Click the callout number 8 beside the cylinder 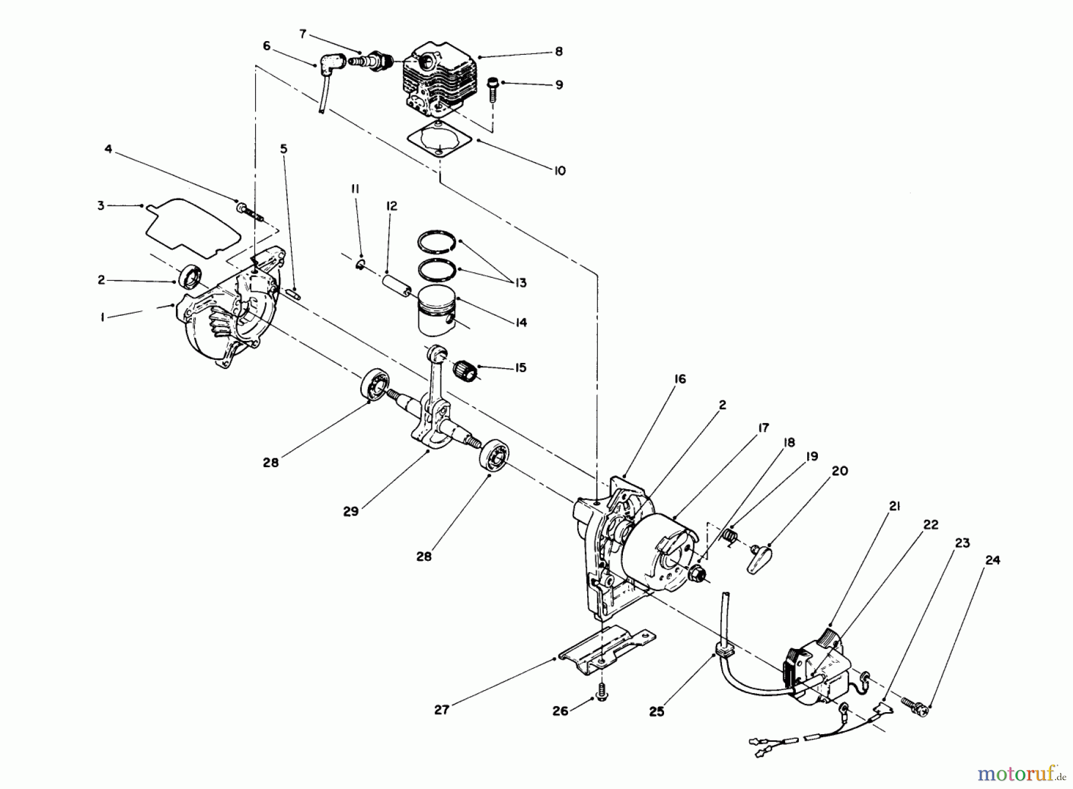point(559,52)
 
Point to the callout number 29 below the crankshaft point(351,511)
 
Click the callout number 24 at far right point(992,560)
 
